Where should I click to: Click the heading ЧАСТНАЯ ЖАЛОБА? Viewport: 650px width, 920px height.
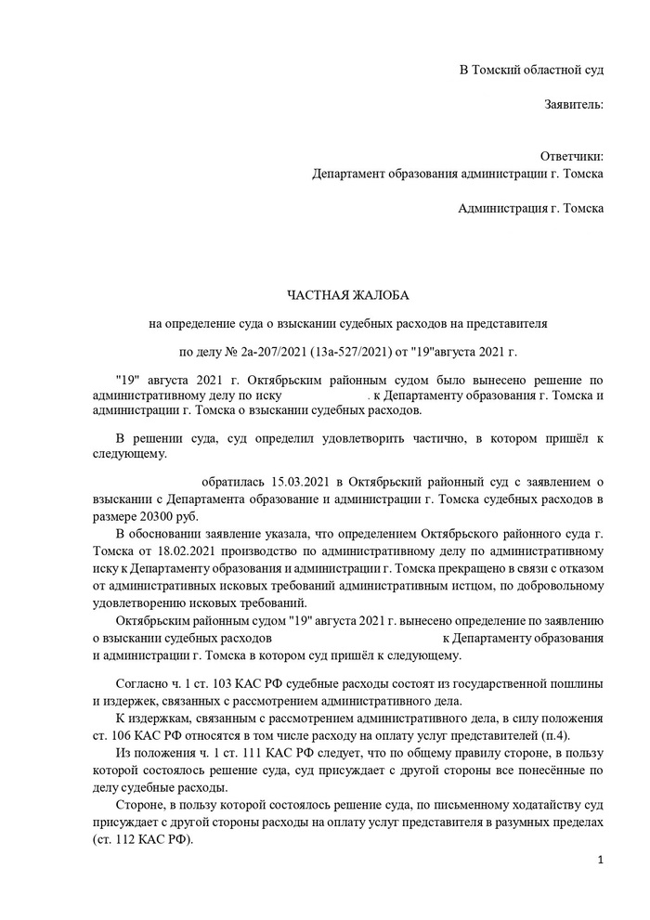[348, 295]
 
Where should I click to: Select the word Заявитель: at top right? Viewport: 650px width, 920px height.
[574, 104]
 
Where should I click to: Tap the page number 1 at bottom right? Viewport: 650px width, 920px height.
[601, 860]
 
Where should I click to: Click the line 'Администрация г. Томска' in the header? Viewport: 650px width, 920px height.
[530, 208]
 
